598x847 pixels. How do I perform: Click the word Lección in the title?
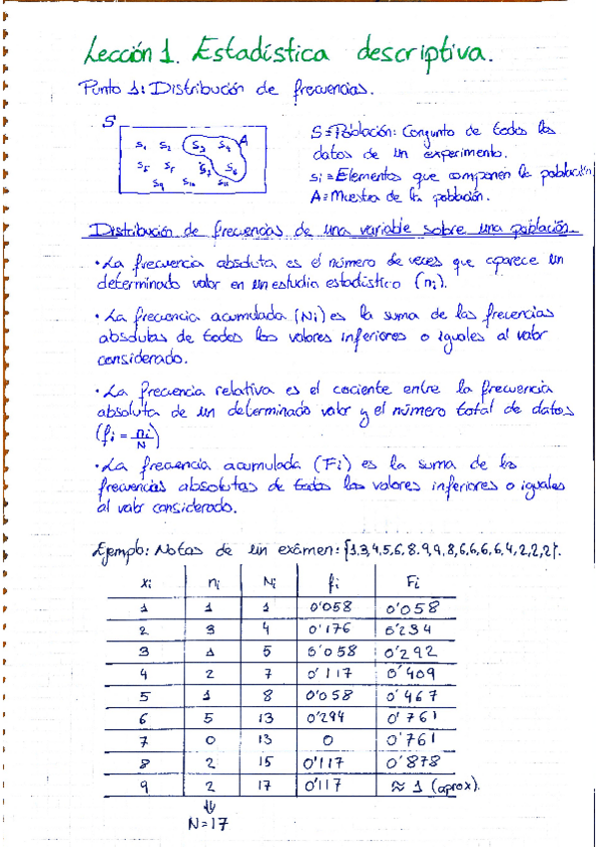pos(123,50)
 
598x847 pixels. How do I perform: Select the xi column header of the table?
pos(147,579)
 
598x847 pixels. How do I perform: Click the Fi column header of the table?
pos(413,579)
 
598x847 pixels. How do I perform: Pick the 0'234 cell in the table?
pos(411,628)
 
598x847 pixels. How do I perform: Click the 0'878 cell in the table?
pos(411,761)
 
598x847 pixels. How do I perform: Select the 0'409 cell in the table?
pos(413,672)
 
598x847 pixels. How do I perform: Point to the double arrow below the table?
pos(209,807)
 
